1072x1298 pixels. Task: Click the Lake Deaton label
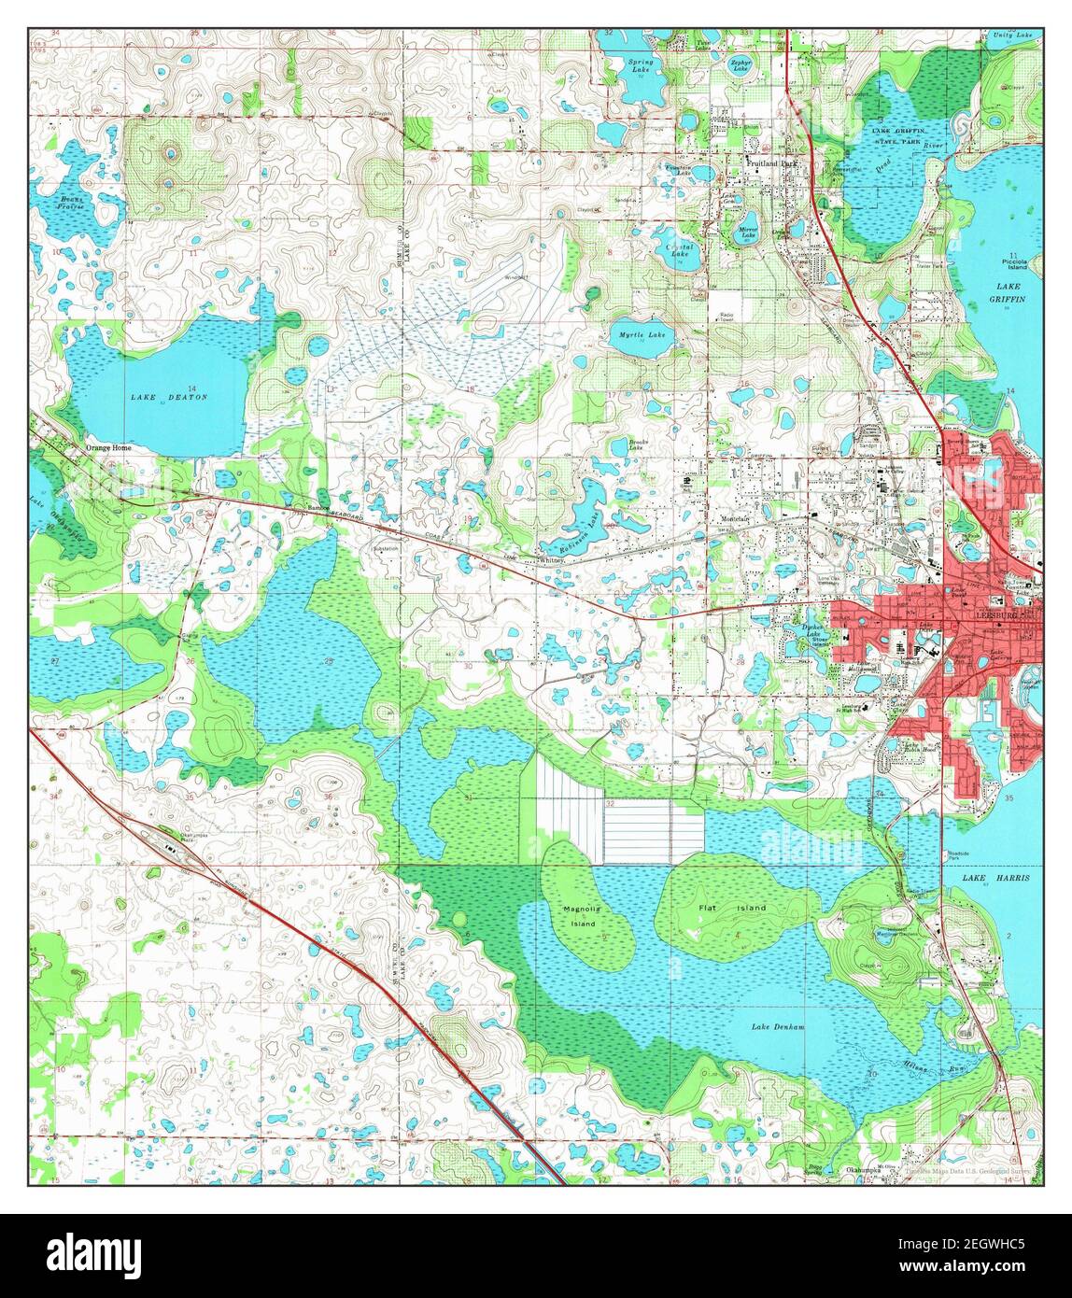point(169,397)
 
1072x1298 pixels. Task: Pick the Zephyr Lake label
point(741,64)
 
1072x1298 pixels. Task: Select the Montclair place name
point(736,518)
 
